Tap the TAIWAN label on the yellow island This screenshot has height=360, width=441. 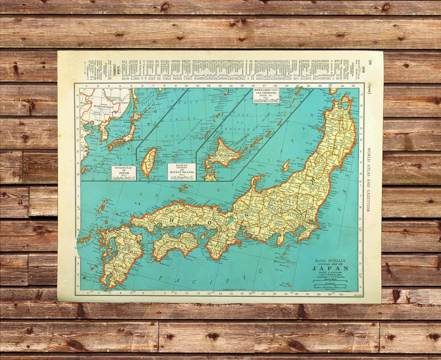point(149,162)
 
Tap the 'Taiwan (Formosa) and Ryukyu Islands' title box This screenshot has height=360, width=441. point(181,172)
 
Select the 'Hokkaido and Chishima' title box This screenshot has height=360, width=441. point(266,95)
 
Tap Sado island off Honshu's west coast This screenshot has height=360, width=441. point(286,165)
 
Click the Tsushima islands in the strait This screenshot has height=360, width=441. point(102,206)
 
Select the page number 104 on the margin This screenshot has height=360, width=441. point(370,62)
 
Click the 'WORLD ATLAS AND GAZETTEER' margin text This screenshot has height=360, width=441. point(369,180)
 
